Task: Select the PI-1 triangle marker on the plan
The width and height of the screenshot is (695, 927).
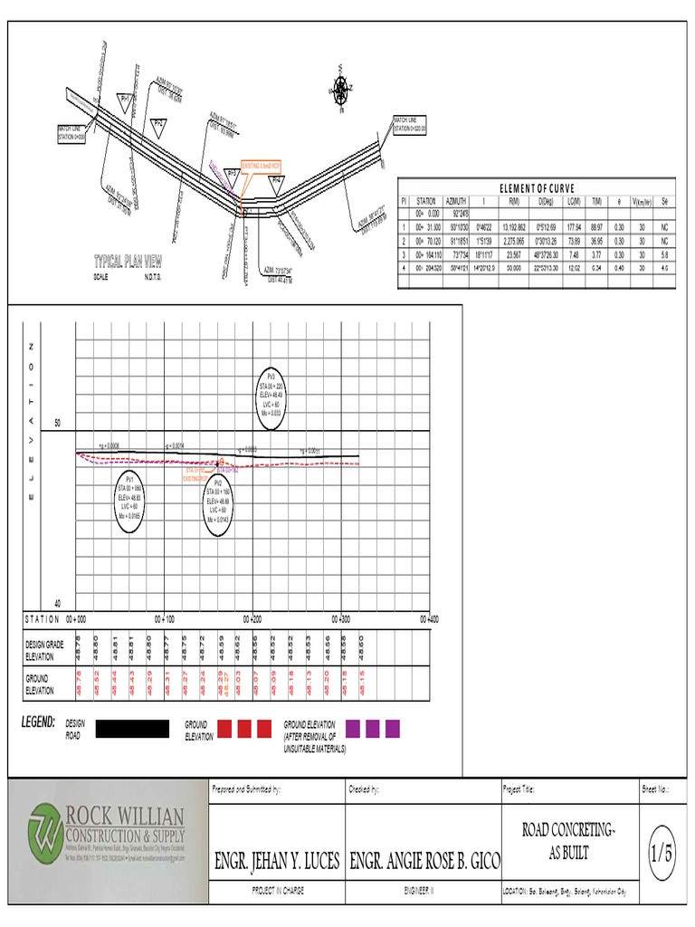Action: coord(125,99)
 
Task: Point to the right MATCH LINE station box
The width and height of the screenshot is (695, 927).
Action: coord(409,125)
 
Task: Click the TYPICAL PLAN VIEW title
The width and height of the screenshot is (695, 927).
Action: coord(128,262)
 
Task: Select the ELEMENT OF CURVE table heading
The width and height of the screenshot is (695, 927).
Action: coord(537,187)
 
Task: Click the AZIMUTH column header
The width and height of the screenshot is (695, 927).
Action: coord(456,200)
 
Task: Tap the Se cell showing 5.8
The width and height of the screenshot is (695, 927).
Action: coord(664,255)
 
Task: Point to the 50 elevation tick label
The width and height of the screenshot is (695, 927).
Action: coord(57,424)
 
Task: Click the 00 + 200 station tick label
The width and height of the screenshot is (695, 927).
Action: coord(252,619)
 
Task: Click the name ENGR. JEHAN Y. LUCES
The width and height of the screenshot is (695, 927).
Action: coord(276,860)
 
